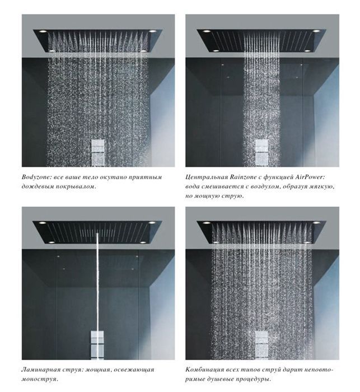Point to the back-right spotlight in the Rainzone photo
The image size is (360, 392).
click(316, 31)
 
